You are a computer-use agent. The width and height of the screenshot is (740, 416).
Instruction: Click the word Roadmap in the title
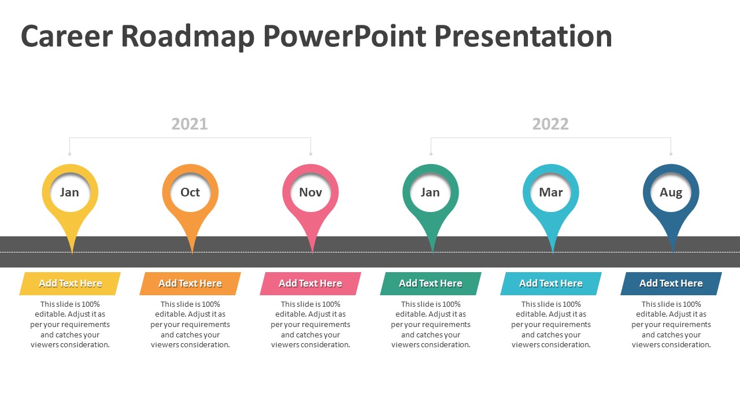[x=188, y=37]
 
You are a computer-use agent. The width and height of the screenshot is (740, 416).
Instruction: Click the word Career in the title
[x=66, y=36]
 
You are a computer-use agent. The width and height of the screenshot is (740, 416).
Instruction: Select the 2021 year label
[x=190, y=124]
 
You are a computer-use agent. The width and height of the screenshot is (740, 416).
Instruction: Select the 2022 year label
[x=550, y=124]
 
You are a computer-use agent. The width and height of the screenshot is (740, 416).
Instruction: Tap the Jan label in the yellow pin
[x=69, y=192]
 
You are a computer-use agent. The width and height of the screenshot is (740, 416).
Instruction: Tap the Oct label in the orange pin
[x=190, y=192]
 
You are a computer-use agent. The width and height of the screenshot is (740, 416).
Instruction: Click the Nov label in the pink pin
[x=310, y=192]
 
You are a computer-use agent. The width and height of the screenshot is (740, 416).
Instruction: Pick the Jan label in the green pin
[x=430, y=192]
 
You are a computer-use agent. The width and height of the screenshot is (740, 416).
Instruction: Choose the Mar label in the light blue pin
[x=551, y=192]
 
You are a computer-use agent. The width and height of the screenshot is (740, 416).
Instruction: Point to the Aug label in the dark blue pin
[x=671, y=193]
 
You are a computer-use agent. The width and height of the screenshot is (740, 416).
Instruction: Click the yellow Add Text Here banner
[x=70, y=284]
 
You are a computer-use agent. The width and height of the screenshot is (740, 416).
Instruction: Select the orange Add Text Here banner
[x=190, y=284]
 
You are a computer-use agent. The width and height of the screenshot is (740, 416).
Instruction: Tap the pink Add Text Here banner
[x=310, y=284]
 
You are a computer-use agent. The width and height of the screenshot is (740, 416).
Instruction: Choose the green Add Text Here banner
[x=431, y=284]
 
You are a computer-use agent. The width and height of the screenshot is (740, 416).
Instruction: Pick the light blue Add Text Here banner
[x=551, y=284]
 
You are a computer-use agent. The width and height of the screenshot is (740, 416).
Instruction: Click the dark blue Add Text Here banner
[x=671, y=284]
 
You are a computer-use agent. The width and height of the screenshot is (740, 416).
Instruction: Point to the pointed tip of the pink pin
[x=313, y=254]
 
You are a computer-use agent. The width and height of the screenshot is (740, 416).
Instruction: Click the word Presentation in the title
[x=523, y=36]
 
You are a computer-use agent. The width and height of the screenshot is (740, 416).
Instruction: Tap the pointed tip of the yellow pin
[x=72, y=254]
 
